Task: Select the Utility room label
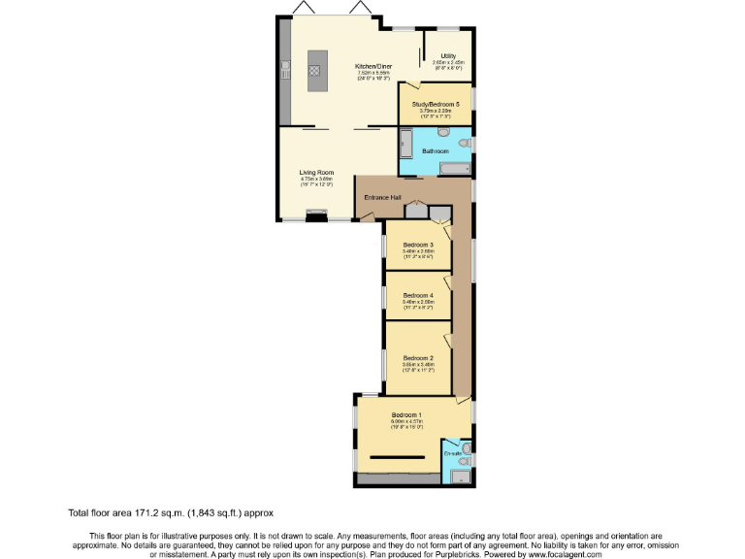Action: [448, 56]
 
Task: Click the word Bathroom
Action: [436, 151]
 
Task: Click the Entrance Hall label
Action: [382, 198]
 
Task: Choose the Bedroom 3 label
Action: [418, 245]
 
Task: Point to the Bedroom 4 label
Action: [418, 295]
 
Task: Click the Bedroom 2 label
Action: [418, 358]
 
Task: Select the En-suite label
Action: [452, 453]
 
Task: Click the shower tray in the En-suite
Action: [456, 475]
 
